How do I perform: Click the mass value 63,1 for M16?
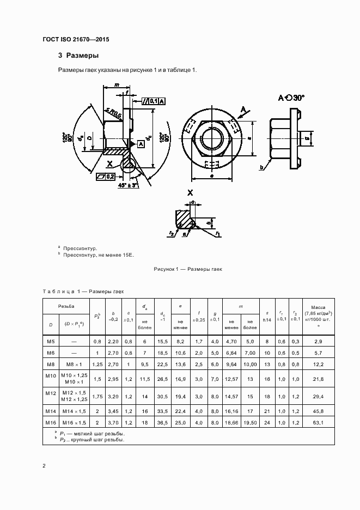pos(318,422)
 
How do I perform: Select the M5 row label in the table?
pos(51,341)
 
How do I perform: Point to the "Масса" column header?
pos(318,308)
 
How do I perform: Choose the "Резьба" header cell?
pos(66,307)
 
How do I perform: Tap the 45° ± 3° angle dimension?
pos(128,185)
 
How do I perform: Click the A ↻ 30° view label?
pos(291,98)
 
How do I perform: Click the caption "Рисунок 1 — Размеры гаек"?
pos(188,269)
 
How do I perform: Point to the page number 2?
pos(44,466)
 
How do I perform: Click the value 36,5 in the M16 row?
pos(162,422)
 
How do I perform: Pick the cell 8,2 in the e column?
pos(180,341)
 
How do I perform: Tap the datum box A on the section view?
pos(141,143)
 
